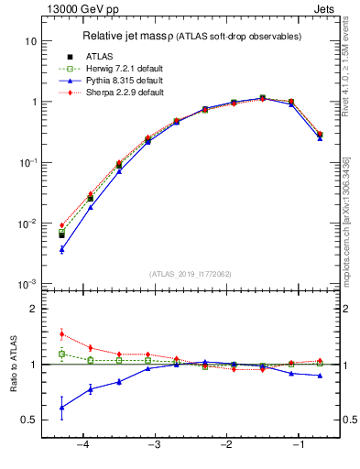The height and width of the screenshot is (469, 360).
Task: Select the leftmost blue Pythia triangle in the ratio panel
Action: [61, 408]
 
